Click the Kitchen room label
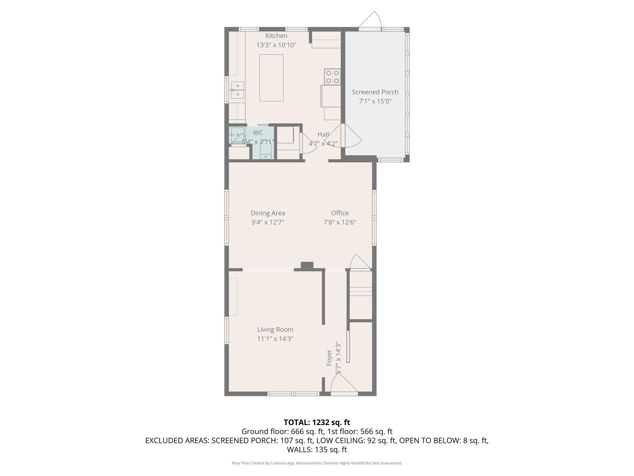[x=276, y=36]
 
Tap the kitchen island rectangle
[x=271, y=78]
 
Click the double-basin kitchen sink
[x=238, y=90]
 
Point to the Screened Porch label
[x=375, y=92]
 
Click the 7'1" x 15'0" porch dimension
[x=375, y=101]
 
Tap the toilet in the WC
[x=266, y=152]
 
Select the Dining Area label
[x=268, y=213]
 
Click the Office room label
[x=340, y=213]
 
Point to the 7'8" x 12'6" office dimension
[x=340, y=222]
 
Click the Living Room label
[x=275, y=330]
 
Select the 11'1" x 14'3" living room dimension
[x=275, y=339]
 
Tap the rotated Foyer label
[x=329, y=358]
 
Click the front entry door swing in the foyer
[x=344, y=384]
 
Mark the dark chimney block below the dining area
[x=307, y=265]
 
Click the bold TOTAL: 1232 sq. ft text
[x=317, y=422]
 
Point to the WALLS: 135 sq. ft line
[x=317, y=449]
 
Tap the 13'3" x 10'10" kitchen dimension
[x=276, y=45]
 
